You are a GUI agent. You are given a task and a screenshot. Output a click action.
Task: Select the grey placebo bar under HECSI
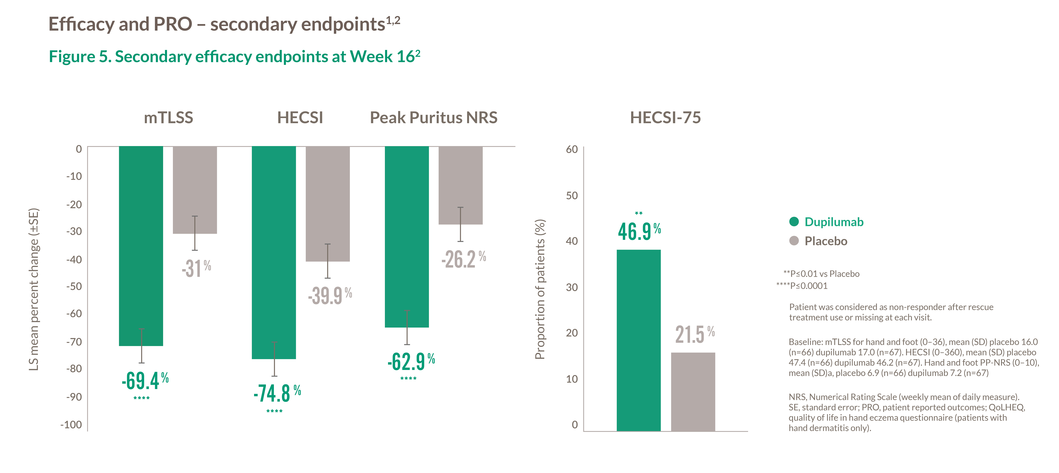point(328,204)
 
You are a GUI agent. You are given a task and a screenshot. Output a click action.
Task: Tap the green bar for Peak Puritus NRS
point(407,236)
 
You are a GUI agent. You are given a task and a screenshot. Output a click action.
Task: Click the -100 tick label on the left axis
point(71,424)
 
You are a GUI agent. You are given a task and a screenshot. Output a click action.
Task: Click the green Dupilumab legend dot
point(794,222)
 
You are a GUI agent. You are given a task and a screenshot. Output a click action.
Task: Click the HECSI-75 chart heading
point(665,118)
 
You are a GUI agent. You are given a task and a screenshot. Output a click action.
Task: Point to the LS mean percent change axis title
point(34,289)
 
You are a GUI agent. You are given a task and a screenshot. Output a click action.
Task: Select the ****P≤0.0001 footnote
point(802,286)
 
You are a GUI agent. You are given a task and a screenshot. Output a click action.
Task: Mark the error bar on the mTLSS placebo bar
point(195,233)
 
